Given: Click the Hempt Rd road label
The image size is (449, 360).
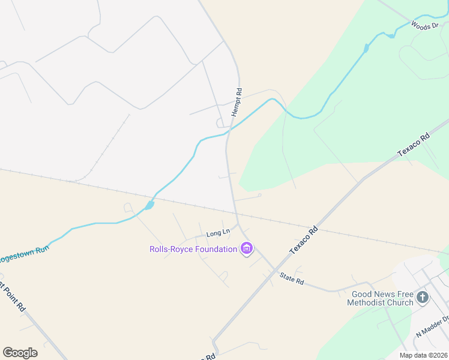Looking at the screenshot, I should pos(238,99).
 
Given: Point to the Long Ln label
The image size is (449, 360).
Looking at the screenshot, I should pos(218,233).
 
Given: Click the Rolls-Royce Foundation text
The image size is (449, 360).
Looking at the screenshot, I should pos(193,248).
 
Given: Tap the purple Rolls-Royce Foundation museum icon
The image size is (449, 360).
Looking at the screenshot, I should pos(246,248).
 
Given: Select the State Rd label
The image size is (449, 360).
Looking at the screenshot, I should pos(292,278).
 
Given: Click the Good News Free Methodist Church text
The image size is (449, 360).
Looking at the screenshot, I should pos(382,298).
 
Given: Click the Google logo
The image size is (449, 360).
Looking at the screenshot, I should pos(20,353).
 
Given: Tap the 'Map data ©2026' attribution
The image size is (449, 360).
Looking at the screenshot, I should pos(423,355).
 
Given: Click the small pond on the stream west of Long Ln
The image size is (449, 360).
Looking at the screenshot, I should pos(149,205).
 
